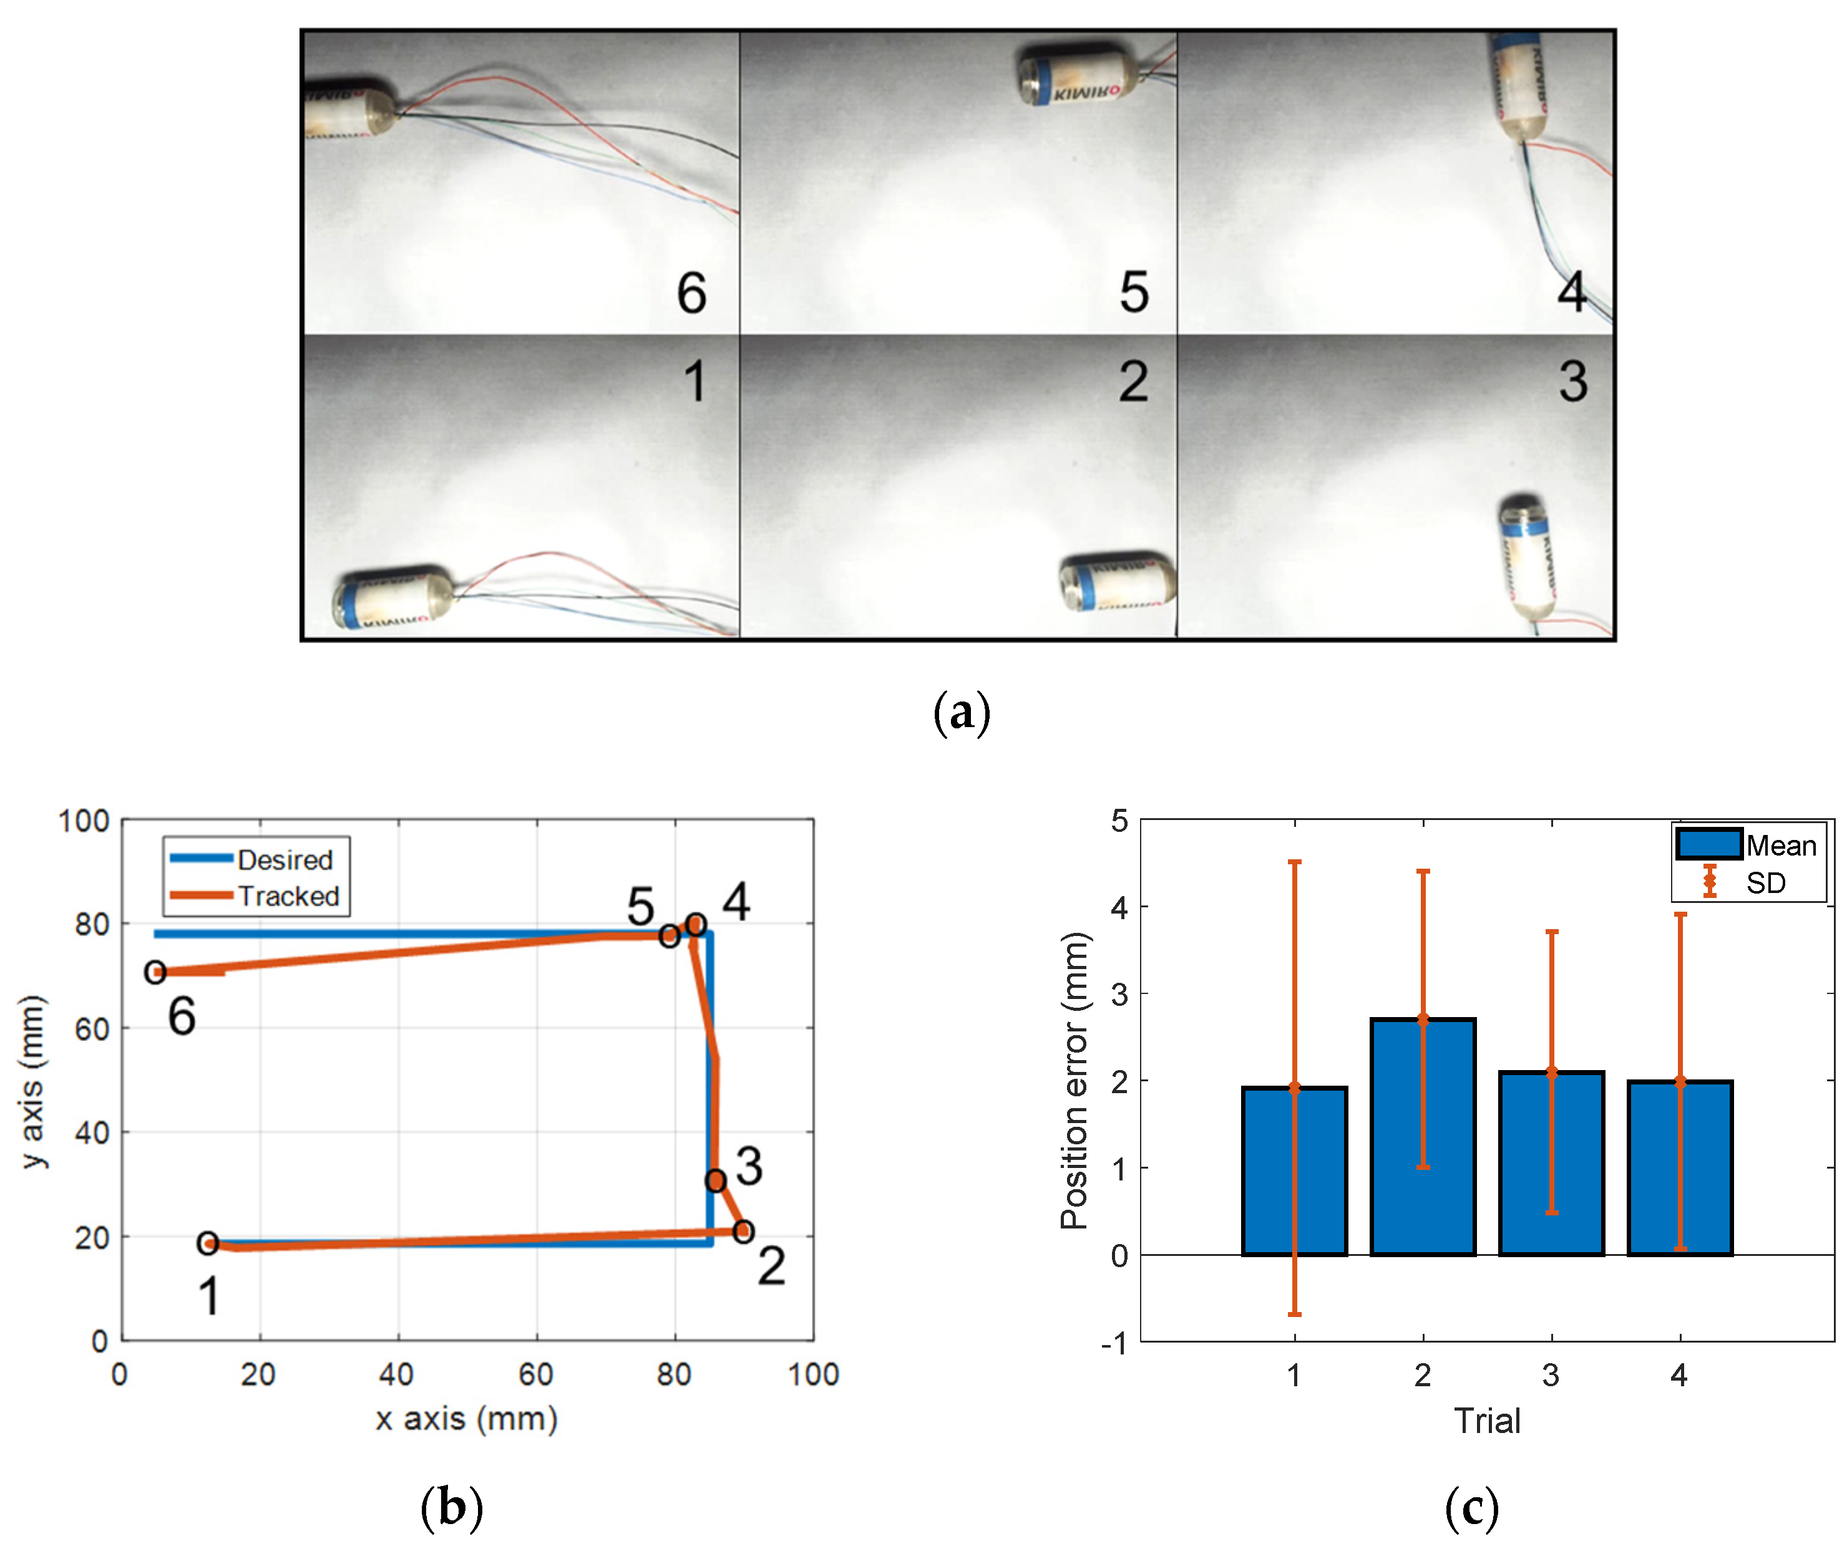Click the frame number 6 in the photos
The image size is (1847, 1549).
pos(691,292)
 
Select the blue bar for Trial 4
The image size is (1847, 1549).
pos(1680,1169)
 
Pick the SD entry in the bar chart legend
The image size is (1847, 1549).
pos(1765,882)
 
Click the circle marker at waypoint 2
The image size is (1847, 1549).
pos(743,1232)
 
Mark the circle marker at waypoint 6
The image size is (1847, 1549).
pos(155,972)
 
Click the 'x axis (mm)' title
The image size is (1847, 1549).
pos(467,1419)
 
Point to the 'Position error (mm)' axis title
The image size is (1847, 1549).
pos(1074,1081)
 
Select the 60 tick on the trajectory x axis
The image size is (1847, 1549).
pos(535,1374)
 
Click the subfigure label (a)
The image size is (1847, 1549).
pos(962,712)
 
